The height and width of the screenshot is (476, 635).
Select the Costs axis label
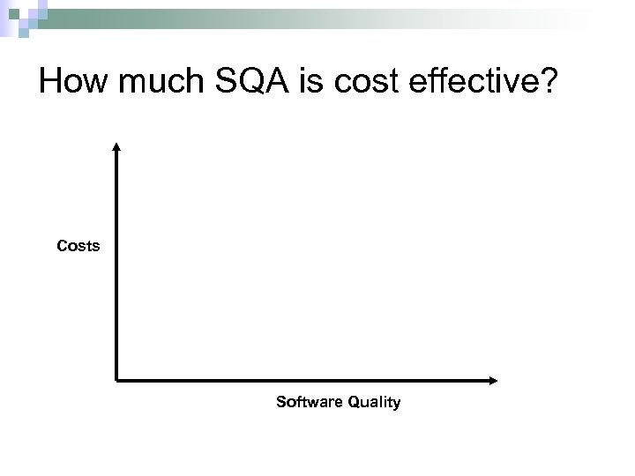[78, 247]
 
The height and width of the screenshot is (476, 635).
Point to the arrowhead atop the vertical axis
[117, 146]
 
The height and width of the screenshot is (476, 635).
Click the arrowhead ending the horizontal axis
[493, 381]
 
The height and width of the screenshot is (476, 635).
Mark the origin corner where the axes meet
[117, 381]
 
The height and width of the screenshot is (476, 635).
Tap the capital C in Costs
[62, 247]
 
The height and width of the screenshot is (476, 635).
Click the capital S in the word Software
[281, 403]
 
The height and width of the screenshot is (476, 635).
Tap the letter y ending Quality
[396, 405]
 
